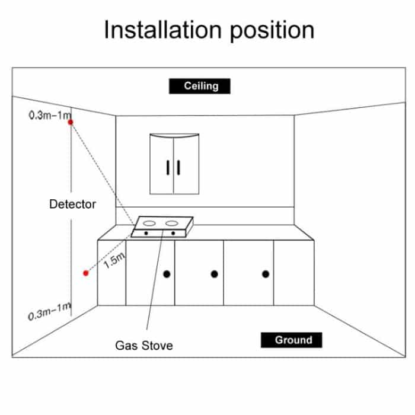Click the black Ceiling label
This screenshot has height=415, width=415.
(200, 87)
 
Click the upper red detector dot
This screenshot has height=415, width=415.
(71, 122)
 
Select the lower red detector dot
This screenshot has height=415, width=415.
(86, 273)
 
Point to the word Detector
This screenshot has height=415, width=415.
(72, 204)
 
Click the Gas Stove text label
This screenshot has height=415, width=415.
(144, 344)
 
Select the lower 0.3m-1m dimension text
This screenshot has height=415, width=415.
(49, 311)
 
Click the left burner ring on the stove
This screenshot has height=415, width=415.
(151, 224)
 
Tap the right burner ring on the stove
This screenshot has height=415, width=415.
(173, 224)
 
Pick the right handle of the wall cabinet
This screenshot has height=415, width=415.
(178, 168)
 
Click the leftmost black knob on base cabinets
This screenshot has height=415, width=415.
(167, 274)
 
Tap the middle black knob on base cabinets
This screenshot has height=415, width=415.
(214, 274)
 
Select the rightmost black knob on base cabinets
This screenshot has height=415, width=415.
(265, 274)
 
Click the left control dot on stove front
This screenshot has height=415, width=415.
(146, 234)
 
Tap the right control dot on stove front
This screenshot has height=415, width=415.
(174, 234)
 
